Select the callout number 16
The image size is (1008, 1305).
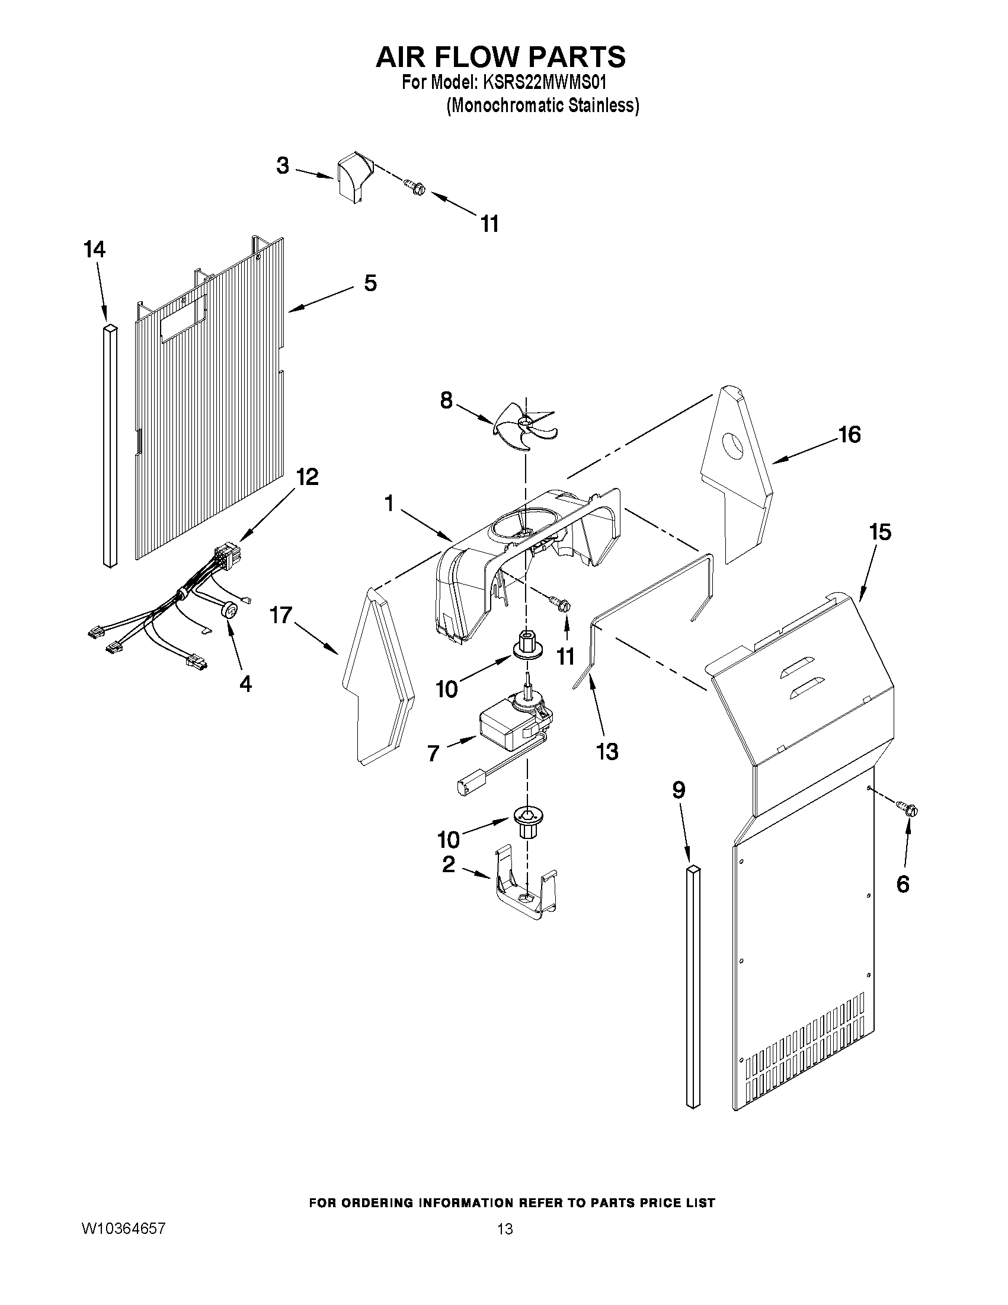point(849,435)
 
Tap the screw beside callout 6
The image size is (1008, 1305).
point(908,810)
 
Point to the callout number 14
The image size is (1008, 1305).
point(94,250)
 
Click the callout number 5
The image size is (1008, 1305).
point(370,283)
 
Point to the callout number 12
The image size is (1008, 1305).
point(307,477)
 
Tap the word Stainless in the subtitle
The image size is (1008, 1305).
point(603,106)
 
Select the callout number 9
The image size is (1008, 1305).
point(679,790)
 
